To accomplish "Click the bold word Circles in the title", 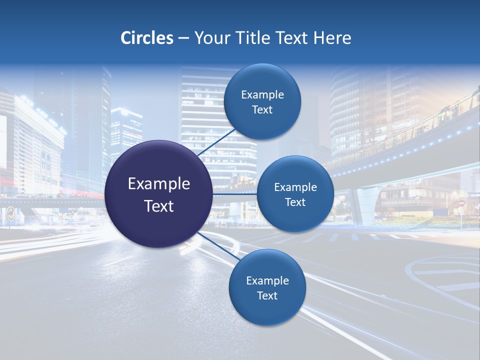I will coord(146,38).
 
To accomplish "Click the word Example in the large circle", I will coord(159,184).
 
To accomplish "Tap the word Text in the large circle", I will coord(159,206).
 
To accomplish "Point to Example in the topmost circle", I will coord(262,95).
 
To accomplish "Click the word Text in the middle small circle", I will coord(295,202).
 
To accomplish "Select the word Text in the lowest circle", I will coord(267,295).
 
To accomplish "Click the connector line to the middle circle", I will coord(235,194).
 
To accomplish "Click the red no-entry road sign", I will coord(461,203).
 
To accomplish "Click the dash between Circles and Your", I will coord(183,38).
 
